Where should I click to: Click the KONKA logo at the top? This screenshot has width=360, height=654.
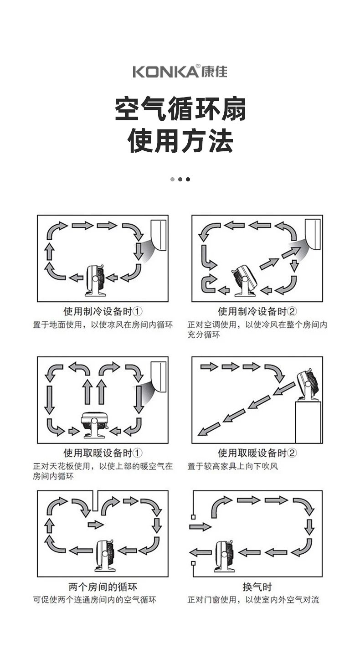click(x=180, y=72)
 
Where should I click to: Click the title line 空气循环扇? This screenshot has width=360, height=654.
click(x=180, y=110)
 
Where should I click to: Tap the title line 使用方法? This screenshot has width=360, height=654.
click(x=180, y=141)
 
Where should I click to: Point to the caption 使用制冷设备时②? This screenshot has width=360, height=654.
click(x=257, y=312)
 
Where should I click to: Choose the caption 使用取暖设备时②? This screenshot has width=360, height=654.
click(x=257, y=453)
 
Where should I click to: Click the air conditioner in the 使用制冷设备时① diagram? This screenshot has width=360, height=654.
click(x=159, y=234)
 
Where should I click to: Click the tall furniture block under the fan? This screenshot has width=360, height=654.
click(x=309, y=422)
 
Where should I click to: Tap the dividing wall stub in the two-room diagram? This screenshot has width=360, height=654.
click(x=95, y=501)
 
